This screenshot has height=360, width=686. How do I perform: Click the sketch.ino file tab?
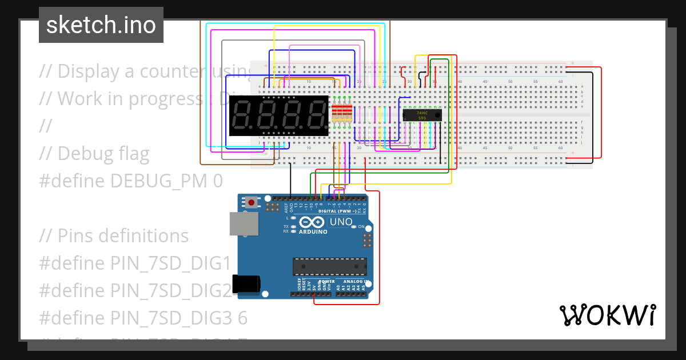tap(101, 25)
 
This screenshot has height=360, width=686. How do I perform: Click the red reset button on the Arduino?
tap(251, 202)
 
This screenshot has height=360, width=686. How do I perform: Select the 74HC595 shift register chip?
tap(422, 115)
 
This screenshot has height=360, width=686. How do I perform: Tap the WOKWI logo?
tap(607, 315)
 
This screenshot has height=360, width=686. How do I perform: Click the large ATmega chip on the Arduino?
tap(330, 267)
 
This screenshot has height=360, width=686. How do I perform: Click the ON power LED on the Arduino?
tap(354, 227)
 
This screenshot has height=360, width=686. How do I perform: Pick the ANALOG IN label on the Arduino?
tap(354, 281)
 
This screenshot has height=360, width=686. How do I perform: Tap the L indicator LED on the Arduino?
tap(293, 218)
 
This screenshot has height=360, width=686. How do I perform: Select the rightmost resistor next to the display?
tap(349, 115)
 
